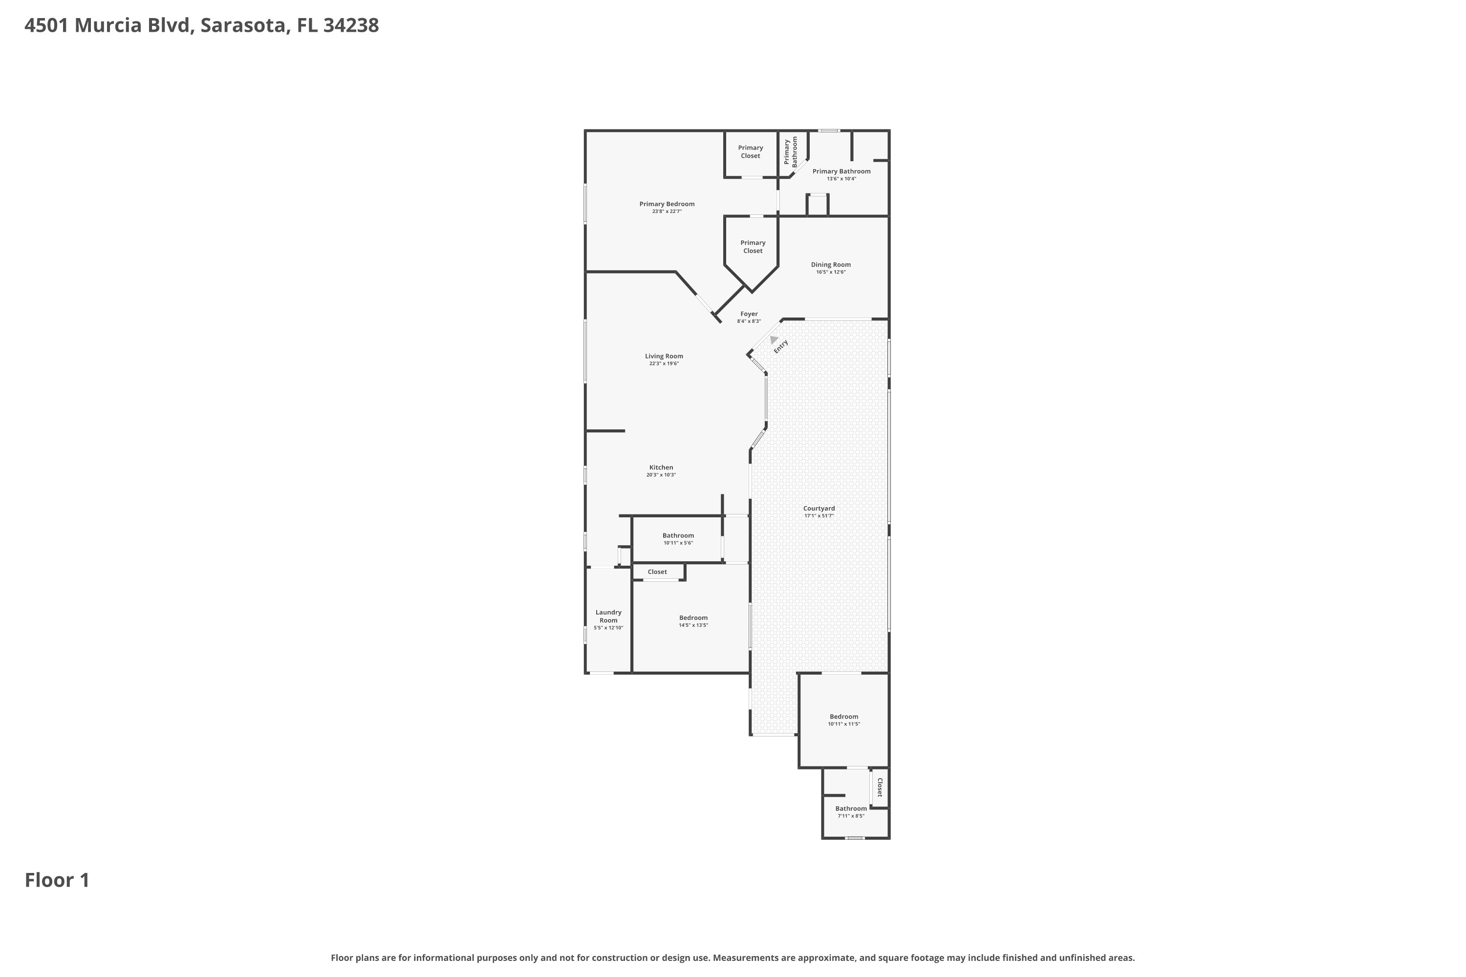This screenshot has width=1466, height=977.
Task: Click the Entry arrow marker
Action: (x=774, y=340)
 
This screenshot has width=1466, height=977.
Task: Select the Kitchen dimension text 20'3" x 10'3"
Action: (x=661, y=475)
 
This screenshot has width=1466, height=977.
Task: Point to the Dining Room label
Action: (x=831, y=265)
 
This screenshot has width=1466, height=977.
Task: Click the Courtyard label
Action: (x=819, y=509)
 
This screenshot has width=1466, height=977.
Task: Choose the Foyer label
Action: (x=749, y=314)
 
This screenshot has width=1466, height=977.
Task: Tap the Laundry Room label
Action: (x=608, y=616)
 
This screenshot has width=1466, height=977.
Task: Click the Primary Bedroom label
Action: (x=667, y=204)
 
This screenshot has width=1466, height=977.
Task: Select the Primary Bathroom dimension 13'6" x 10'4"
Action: (x=841, y=179)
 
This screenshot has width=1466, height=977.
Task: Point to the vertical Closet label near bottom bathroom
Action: (x=880, y=787)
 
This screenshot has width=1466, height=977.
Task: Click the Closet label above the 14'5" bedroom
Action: (x=657, y=572)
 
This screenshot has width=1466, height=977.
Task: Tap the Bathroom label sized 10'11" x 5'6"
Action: (x=678, y=535)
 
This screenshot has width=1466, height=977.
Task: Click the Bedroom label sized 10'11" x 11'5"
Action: (x=844, y=717)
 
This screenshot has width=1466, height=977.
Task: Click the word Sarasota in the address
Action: (x=244, y=25)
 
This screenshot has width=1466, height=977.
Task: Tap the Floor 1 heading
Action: (x=57, y=880)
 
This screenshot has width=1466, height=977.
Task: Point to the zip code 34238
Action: (x=351, y=25)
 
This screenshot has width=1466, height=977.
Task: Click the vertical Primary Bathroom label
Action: (x=790, y=152)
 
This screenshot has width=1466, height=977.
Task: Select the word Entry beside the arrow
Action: (x=781, y=346)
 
